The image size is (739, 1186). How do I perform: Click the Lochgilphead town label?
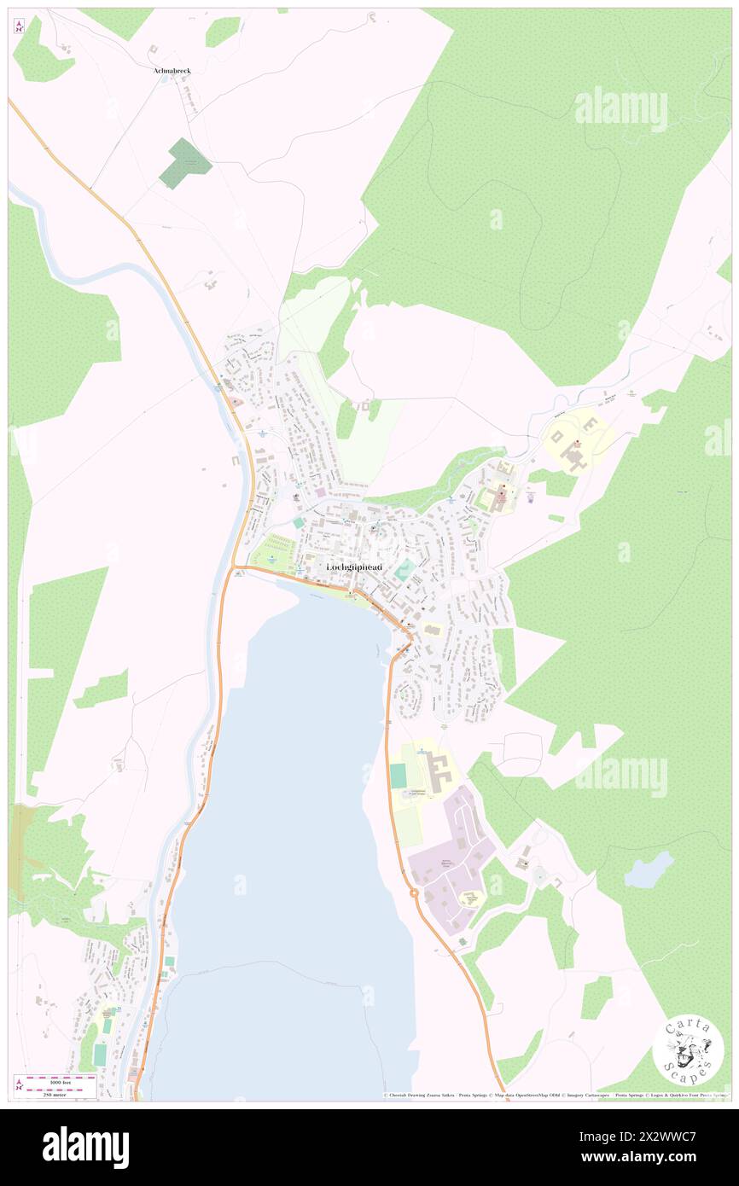coord(354,567)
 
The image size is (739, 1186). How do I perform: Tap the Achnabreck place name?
coord(172,71)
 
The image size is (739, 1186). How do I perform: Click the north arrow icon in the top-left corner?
coord(19,26)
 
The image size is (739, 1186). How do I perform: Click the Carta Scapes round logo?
coord(688,1051)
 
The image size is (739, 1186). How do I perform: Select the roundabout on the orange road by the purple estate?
coord(415,892)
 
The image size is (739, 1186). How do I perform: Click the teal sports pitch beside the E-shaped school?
coord(398,776)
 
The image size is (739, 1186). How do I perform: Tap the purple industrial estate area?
coord(451,862)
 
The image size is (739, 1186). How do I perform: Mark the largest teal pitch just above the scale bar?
coord(100,1055)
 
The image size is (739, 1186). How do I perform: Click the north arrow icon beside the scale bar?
coord(19,1085)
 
